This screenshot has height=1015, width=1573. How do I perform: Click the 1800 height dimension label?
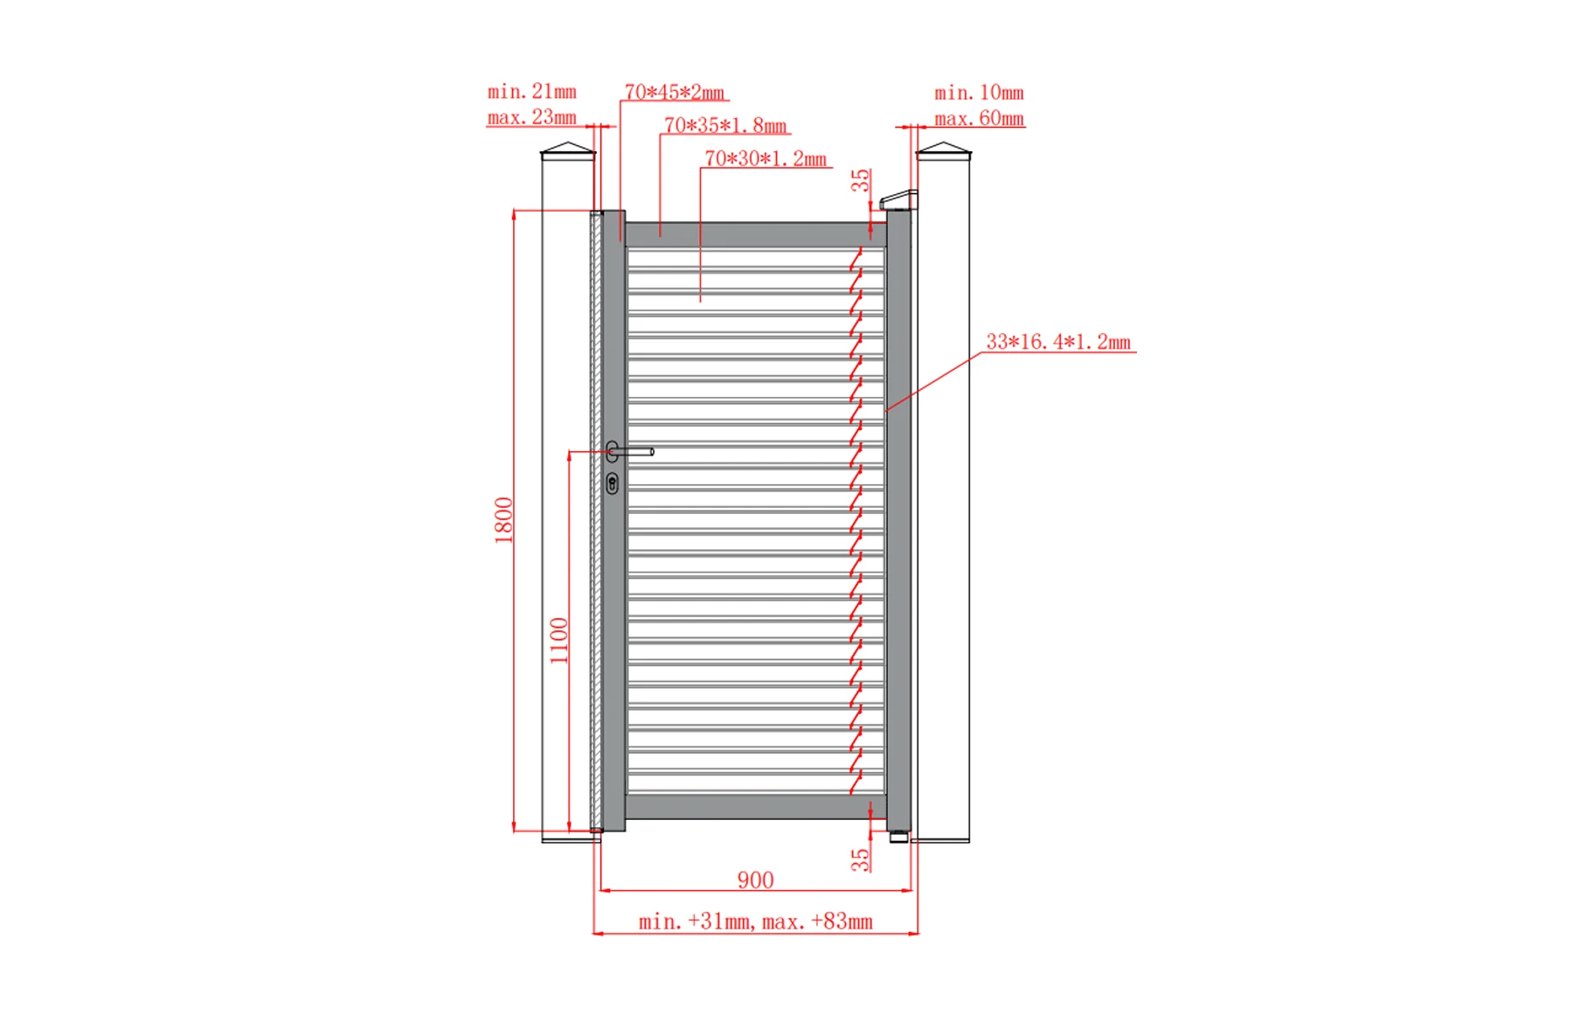coord(504,520)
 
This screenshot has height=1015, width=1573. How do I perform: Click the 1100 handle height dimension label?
coord(559,640)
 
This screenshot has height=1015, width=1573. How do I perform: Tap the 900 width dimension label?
coord(755,879)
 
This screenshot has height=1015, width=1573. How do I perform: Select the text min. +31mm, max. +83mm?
coord(755,921)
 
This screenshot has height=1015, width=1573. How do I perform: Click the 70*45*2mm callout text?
coord(674,92)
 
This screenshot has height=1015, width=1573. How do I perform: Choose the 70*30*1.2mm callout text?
coord(766,158)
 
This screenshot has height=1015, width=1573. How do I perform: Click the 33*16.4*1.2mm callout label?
coord(1057,342)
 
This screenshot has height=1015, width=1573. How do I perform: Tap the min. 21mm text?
coord(531,91)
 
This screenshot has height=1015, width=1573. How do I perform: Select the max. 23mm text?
coord(531,117)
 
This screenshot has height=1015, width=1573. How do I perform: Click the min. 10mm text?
coord(979,93)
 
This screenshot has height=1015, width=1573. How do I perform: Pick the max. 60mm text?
coord(979,119)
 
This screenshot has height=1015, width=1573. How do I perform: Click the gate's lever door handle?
coord(631,452)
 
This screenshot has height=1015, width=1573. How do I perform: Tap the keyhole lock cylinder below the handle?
coord(613,483)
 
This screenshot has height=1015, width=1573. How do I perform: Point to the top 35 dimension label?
coord(861,180)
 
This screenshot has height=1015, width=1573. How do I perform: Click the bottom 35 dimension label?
coord(861,859)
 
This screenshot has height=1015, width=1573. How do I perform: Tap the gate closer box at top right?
coord(898,200)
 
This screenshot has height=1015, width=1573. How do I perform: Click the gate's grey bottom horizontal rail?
coord(756,806)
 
